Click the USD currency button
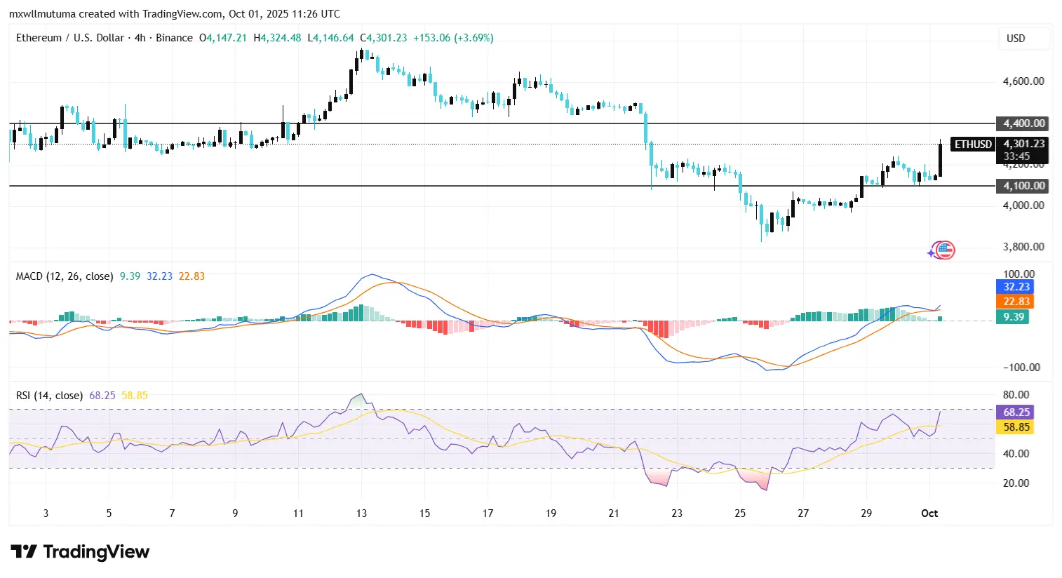1016,39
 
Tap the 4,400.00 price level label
1023,123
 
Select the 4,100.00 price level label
1023,186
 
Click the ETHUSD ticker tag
973,144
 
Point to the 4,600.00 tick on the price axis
1023,81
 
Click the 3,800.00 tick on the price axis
1023,247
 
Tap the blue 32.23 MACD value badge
1016,287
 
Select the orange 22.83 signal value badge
1016,302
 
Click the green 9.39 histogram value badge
1013,317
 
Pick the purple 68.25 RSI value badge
1016,412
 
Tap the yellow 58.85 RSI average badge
1016,427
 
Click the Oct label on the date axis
929,513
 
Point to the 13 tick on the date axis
361,513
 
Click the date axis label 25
740,513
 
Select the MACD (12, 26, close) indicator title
65,276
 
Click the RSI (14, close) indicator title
49,396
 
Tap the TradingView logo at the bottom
80,552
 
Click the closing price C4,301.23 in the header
384,38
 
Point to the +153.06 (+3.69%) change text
453,38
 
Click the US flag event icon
945,250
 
